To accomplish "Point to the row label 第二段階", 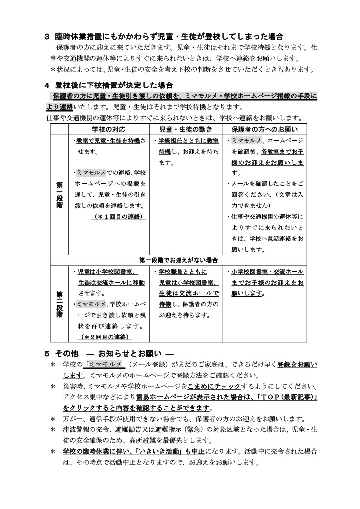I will point(59,304).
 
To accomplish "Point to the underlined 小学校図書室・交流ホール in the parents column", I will point(267,272).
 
